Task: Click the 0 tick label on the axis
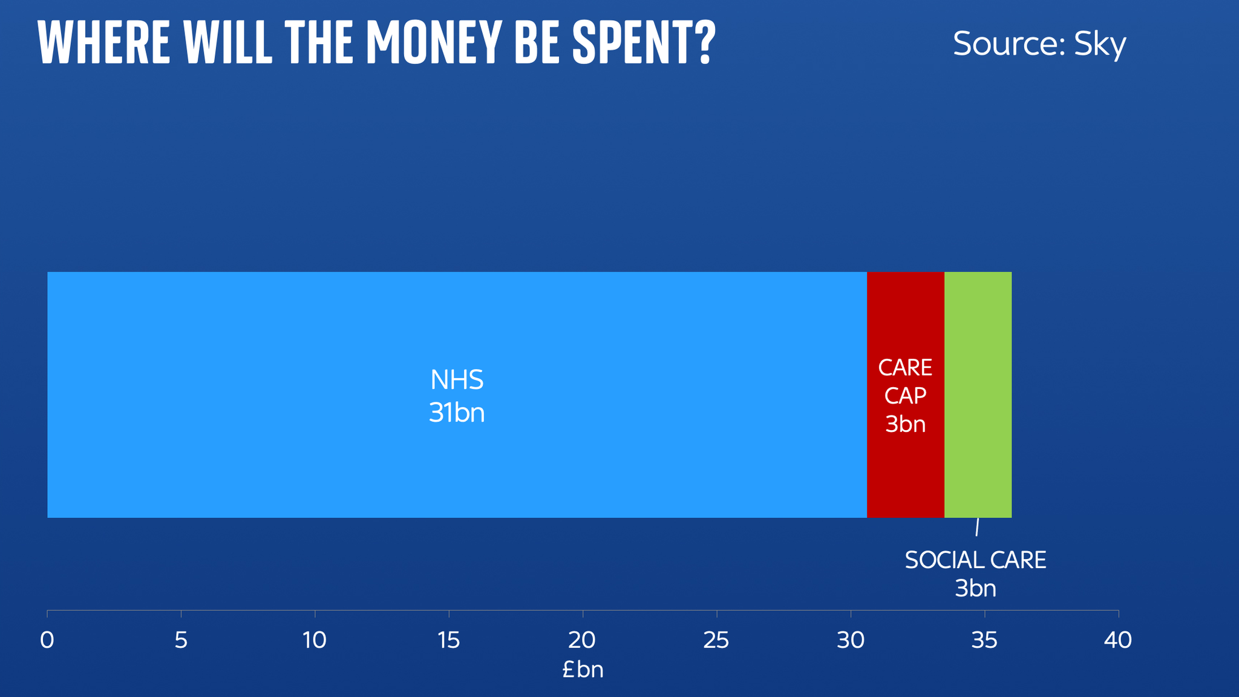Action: click(x=47, y=640)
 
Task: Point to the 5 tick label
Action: click(x=181, y=640)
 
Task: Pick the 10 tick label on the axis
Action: click(x=315, y=640)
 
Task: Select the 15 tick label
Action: click(x=449, y=640)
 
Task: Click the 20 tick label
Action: click(x=583, y=640)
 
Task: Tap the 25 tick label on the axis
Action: click(x=716, y=640)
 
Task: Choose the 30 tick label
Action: click(x=851, y=640)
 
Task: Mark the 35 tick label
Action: click(x=984, y=640)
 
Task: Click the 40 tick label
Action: click(x=1118, y=640)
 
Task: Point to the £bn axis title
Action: click(x=583, y=670)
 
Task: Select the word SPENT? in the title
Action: click(x=644, y=43)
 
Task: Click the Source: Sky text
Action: click(x=1039, y=44)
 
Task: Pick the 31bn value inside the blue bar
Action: click(x=457, y=413)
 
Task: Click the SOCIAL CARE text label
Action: click(x=975, y=560)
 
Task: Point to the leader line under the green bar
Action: click(x=977, y=527)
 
